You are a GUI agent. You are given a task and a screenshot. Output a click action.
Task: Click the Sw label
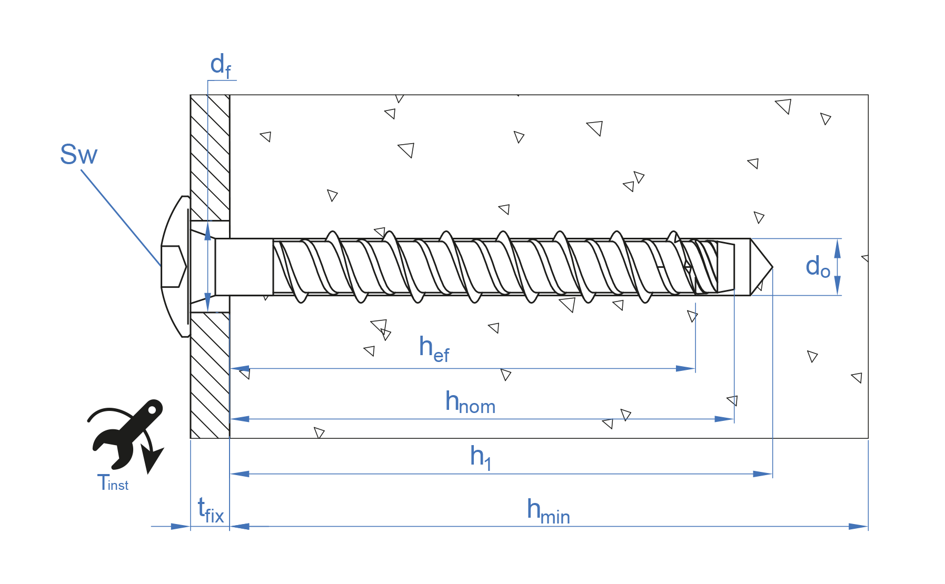78,155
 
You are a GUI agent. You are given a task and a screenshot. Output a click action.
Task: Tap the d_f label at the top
220,66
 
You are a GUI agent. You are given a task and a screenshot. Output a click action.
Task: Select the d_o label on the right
817,267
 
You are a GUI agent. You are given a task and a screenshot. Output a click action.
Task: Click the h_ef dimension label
434,349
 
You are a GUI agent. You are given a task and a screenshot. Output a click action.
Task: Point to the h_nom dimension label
470,402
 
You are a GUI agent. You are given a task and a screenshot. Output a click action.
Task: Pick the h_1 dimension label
481,457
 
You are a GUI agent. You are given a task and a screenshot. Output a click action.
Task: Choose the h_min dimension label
548,511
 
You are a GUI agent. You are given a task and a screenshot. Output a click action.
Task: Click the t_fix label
211,511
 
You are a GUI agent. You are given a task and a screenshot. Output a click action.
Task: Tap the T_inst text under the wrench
113,483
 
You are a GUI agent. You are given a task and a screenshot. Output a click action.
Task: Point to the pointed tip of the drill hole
771,267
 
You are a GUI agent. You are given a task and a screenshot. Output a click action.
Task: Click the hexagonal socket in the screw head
173,266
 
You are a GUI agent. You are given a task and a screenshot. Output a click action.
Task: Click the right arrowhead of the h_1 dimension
763,474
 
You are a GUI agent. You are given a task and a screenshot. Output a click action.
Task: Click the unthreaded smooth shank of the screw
244,267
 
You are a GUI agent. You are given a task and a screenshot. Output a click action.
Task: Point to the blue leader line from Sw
121,218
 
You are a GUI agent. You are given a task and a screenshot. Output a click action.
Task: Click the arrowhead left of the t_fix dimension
181,526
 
